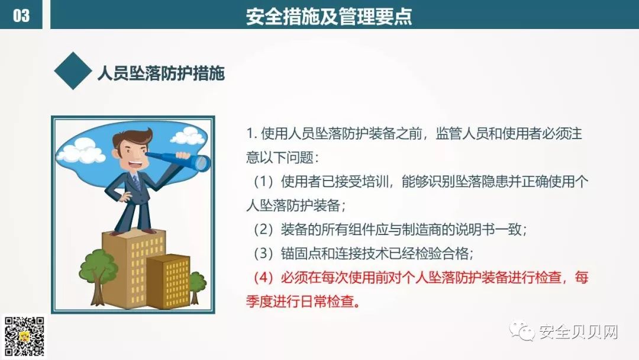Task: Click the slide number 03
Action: (x=21, y=16)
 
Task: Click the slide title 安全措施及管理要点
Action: (x=329, y=17)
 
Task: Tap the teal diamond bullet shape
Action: (x=73, y=70)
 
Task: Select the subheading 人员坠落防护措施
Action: (x=161, y=73)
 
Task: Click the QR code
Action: (x=24, y=337)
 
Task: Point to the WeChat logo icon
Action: (x=522, y=330)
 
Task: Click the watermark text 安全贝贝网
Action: (x=579, y=332)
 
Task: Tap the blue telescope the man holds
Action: (x=179, y=160)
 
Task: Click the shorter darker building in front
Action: (x=168, y=282)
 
